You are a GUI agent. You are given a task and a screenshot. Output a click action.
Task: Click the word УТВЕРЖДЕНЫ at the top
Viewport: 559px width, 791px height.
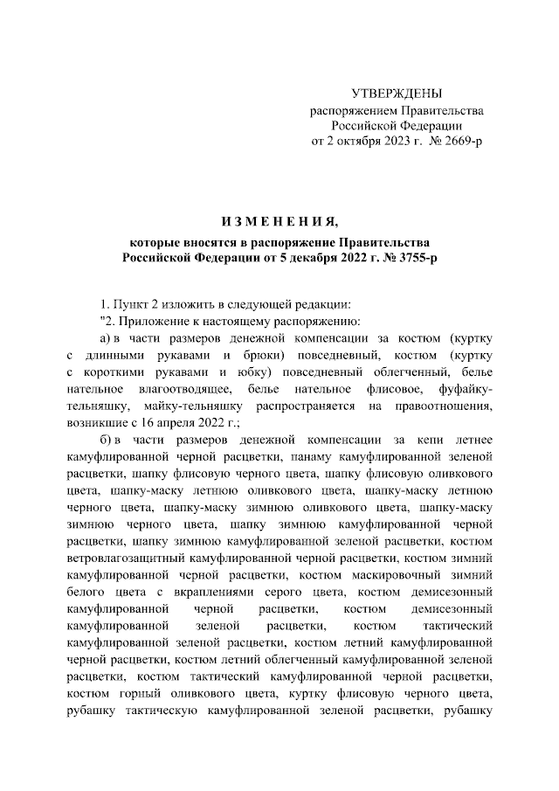tap(397, 94)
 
